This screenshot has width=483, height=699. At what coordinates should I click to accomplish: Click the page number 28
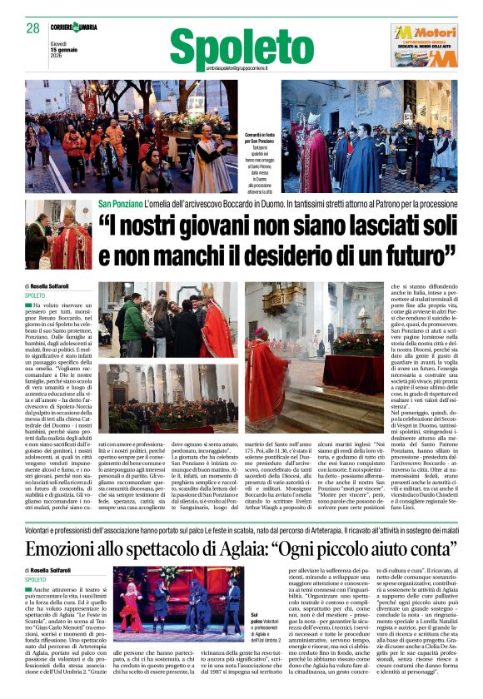pyautogui.click(x=32, y=27)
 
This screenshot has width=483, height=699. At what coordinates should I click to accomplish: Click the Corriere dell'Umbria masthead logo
pyautogui.click(x=73, y=27)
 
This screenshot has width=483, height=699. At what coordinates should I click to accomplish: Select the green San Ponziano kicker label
pyautogui.click(x=120, y=204)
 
